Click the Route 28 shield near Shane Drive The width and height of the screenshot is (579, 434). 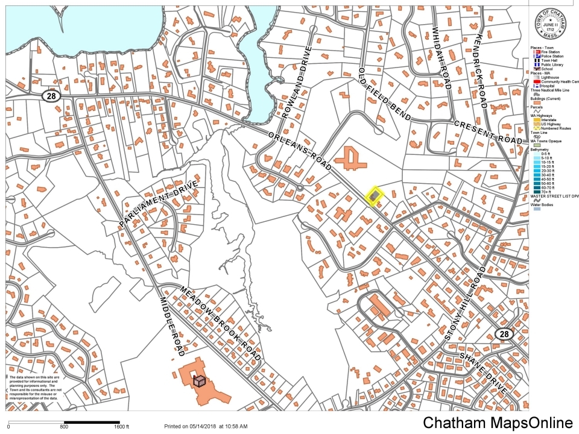504,334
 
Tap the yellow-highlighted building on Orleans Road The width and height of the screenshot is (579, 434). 375,196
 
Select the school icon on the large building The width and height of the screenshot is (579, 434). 200,381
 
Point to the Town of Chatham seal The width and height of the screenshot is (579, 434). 551,25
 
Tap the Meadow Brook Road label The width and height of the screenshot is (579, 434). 221,324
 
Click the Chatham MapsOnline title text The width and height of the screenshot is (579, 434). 497,423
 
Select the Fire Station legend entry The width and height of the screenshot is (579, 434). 550,52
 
